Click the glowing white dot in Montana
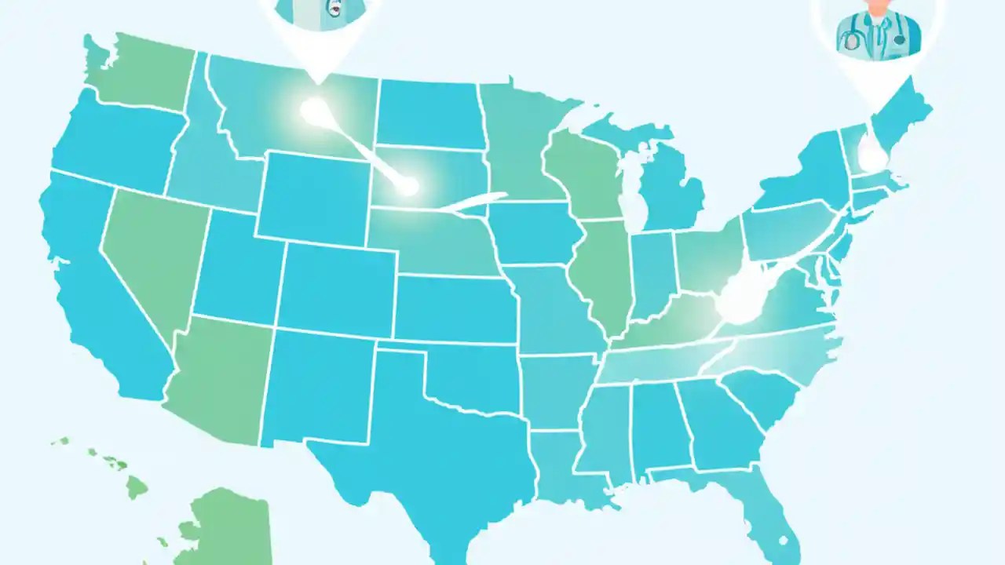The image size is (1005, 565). click(x=313, y=111)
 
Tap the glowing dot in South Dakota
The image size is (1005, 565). click(x=407, y=186)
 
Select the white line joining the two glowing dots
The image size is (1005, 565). click(x=361, y=149)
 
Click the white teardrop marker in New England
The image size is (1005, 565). click(x=871, y=153)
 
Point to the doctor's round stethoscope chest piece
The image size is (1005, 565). click(x=853, y=43)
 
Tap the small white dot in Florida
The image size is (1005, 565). click(x=782, y=540)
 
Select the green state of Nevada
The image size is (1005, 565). click(x=153, y=251)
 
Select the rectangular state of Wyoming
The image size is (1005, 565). click(x=314, y=196)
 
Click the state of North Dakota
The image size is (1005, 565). click(x=428, y=114)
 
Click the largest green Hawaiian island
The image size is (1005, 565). click(x=137, y=487)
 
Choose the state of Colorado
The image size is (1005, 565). click(x=338, y=286)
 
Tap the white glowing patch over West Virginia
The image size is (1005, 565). click(x=738, y=298)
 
